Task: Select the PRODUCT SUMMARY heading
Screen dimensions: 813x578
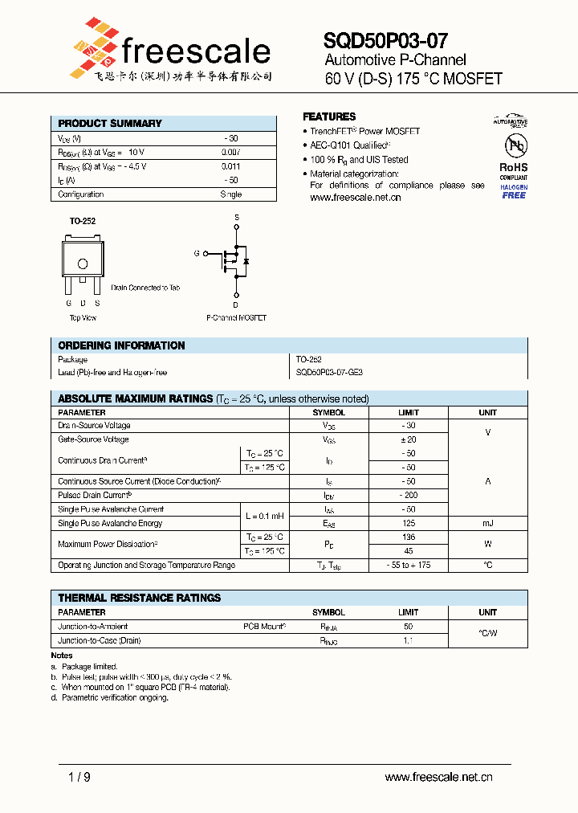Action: point(110,124)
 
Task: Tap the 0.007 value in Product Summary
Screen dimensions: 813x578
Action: point(230,152)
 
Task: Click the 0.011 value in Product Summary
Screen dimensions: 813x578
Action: point(230,166)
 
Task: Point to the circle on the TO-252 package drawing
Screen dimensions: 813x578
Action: point(82,264)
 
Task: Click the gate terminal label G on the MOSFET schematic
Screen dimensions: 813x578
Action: point(196,254)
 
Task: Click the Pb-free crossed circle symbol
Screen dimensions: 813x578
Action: point(514,145)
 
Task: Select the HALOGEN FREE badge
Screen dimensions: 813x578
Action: point(514,191)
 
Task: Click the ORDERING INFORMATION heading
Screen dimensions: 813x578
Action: point(121,345)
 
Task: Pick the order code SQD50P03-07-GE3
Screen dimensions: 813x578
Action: point(329,373)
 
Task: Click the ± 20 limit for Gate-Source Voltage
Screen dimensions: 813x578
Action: point(408,439)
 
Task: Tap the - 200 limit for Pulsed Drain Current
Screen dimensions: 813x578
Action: point(408,496)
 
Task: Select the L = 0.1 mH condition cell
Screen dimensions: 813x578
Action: point(264,516)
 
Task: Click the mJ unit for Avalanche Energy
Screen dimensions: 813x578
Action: point(487,523)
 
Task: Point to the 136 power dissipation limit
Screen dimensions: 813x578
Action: point(408,537)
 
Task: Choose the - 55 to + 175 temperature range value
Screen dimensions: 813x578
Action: point(408,566)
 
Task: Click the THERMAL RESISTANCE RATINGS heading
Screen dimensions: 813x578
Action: point(139,598)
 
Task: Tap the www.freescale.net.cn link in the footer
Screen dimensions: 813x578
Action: point(438,777)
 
